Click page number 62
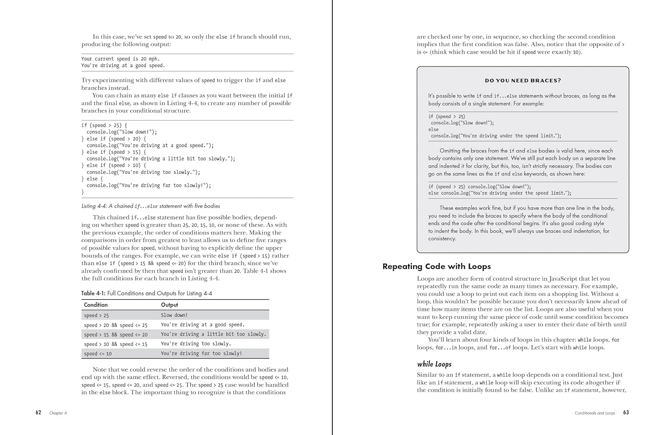(39, 412)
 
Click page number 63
(626, 412)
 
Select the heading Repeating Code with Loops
(436, 266)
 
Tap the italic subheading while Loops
(434, 364)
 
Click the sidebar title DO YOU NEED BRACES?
(523, 81)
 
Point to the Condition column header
(96, 305)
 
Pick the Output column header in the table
(169, 305)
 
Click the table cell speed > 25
(96, 315)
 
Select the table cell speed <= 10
(98, 353)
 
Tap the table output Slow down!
(174, 315)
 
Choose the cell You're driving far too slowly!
(201, 353)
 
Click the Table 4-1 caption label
(93, 293)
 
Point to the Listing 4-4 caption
(151, 206)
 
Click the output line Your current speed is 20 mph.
(120, 59)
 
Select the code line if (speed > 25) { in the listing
(104, 125)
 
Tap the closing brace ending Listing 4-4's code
(83, 192)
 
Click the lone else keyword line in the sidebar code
(434, 129)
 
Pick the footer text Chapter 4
(58, 413)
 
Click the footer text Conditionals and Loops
(595, 413)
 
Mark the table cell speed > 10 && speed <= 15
(116, 344)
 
